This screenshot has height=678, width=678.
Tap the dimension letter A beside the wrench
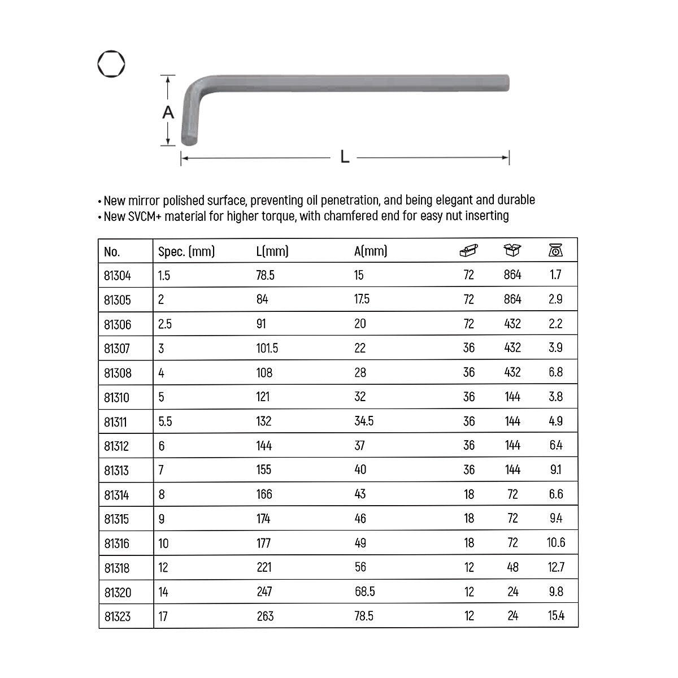[x=168, y=112]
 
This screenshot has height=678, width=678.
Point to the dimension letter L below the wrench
[x=345, y=157]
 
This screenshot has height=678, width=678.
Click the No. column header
[x=112, y=251]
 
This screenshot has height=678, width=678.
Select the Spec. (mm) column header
[x=186, y=251]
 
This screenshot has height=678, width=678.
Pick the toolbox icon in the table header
[x=468, y=250]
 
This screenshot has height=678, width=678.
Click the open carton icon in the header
[x=512, y=250]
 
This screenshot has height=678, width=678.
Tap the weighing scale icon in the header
[x=555, y=250]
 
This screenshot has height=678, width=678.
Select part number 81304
[x=117, y=276]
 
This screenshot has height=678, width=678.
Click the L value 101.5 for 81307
[x=267, y=348]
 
